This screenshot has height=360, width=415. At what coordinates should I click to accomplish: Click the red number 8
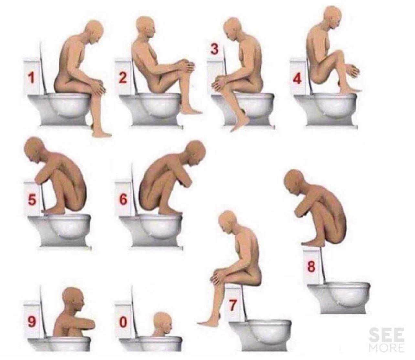311,267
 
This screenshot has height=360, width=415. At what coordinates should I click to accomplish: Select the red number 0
123,322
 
